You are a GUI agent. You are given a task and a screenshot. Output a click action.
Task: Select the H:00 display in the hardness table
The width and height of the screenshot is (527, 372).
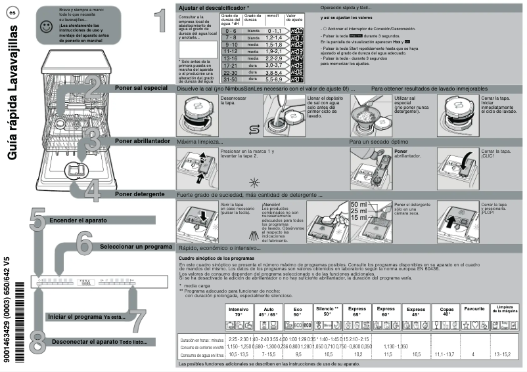pos(296,31)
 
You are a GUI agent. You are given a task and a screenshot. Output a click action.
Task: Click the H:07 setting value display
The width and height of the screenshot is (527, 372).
pos(296,78)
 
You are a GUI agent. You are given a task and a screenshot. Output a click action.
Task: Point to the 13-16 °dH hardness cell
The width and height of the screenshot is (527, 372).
pos(230,58)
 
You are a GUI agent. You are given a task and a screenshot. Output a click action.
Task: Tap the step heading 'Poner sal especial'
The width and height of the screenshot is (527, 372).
pos(141,87)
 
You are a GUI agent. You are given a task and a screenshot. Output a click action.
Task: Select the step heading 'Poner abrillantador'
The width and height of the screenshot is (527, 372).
pos(143,141)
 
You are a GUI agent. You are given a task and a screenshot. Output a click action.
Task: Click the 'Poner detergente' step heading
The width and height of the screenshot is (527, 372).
pos(139,194)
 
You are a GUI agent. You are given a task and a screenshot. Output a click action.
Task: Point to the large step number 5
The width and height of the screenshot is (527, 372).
pos(37,219)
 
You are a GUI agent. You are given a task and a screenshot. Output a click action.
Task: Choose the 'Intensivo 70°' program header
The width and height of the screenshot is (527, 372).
pos(239,312)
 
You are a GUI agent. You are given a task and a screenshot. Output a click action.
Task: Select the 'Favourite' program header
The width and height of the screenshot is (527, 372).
pos(474,309)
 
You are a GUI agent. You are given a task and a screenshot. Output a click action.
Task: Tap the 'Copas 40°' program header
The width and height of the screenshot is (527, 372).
pos(447,312)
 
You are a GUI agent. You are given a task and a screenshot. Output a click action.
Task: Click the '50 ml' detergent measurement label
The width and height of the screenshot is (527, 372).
pos(359,205)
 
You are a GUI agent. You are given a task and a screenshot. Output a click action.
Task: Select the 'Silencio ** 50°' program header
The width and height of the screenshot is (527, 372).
pos(327,312)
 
